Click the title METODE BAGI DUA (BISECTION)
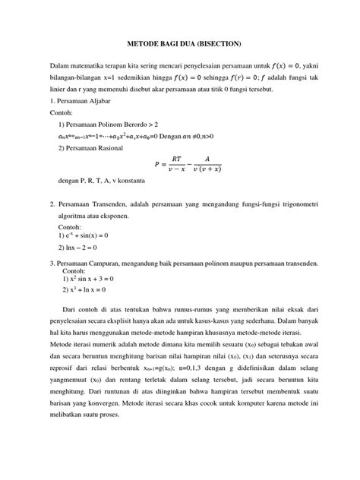(179, 44)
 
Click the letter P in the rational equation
(156, 163)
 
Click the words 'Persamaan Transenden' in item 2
(89, 205)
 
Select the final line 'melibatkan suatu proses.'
(86, 425)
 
